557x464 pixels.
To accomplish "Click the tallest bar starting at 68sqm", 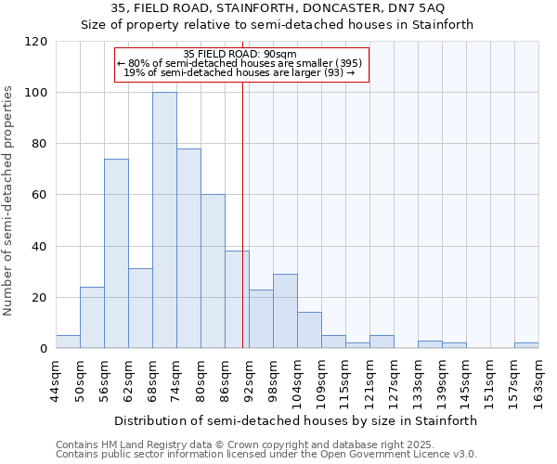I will coord(164,221).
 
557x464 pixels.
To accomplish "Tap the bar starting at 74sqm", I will coord(188,249).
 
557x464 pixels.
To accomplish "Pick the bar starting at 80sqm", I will coord(213,271).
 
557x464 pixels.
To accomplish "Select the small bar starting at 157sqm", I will coord(526,345).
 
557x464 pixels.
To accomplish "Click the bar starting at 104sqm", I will coord(309,330).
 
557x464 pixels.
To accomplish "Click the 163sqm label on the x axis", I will coord(538,380).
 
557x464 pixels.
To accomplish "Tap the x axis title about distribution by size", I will coord(296,420).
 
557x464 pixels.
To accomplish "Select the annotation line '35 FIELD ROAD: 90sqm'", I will coord(240,54).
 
